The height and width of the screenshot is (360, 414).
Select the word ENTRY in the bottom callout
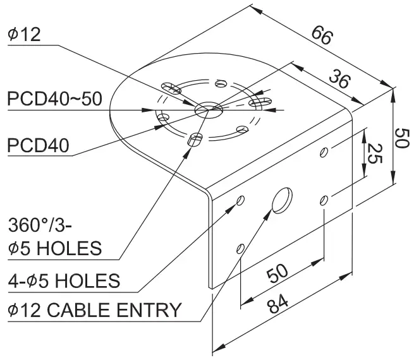click(152, 311)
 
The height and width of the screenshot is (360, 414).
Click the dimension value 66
click(322, 36)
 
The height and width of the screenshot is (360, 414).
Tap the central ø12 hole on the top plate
click(209, 110)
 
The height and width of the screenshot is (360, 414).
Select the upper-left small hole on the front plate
click(241, 200)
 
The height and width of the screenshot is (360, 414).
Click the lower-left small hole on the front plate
click(240, 246)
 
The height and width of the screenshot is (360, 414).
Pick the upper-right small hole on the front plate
click(324, 152)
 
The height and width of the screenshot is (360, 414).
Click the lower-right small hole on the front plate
click(324, 200)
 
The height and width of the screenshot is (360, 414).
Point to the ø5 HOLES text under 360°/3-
click(55, 248)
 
